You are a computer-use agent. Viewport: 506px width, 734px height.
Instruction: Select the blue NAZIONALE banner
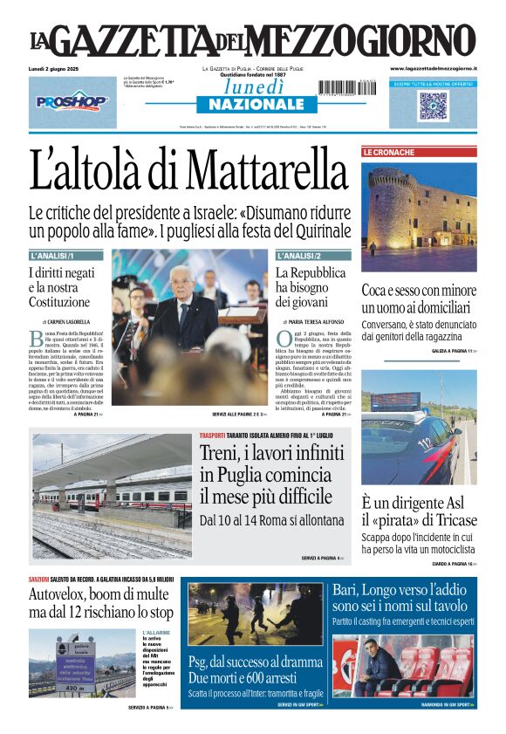pyautogui.click(x=244, y=105)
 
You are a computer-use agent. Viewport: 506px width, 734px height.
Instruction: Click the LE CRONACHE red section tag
pyautogui.click(x=389, y=153)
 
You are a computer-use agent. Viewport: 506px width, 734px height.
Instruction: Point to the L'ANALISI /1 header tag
pyautogui.click(x=54, y=256)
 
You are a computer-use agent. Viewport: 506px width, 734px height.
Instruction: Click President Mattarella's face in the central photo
pyautogui.click(x=181, y=282)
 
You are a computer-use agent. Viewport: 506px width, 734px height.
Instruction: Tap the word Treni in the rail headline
pyautogui.click(x=223, y=452)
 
